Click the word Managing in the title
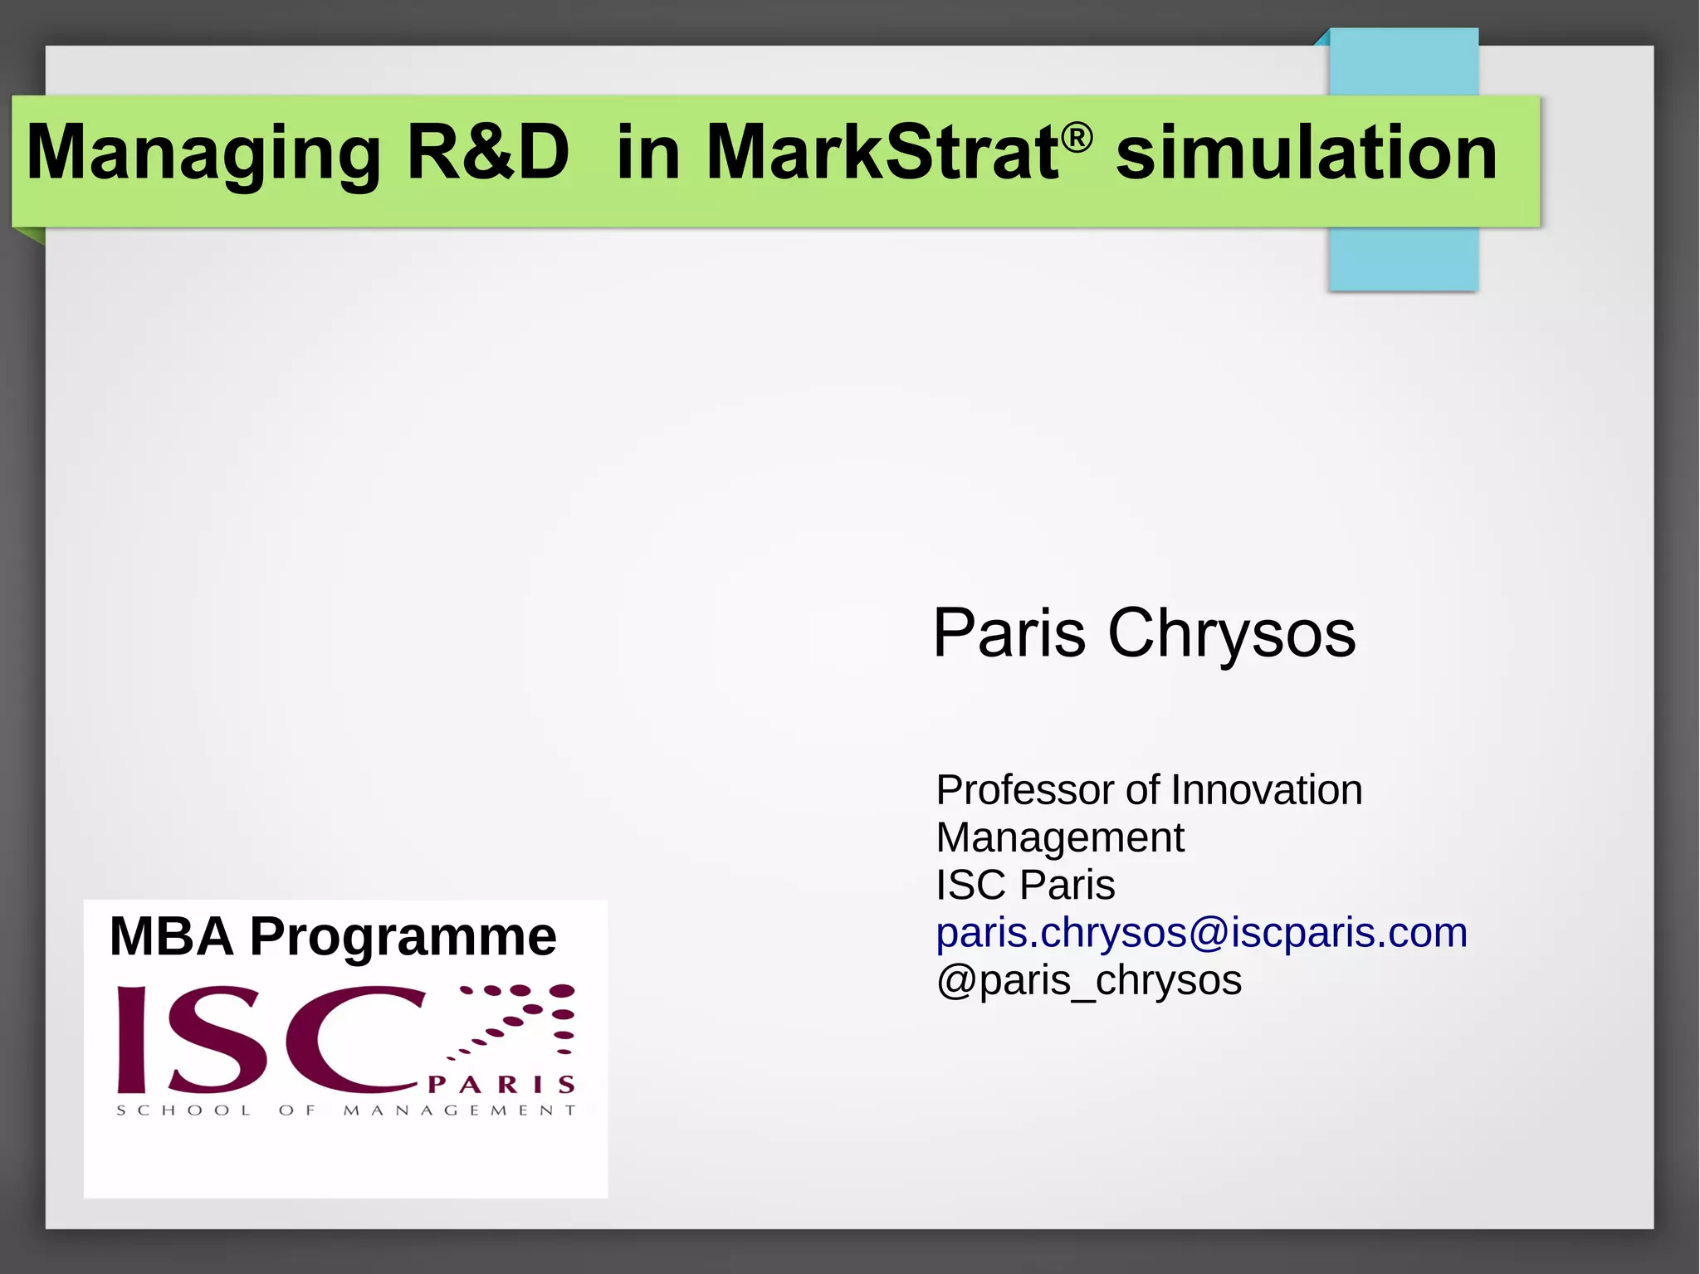coord(203,154)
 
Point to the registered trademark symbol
coord(1077,137)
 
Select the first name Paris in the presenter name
coord(1009,633)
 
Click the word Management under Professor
coord(1060,837)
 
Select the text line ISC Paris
coord(1025,885)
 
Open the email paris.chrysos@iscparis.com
coord(1201,933)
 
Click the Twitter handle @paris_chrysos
coord(1088,981)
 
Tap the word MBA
coord(172,936)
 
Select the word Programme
coord(403,938)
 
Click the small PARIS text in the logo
coord(501,1085)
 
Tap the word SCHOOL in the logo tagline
coord(183,1110)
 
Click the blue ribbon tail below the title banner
coord(1403,258)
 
